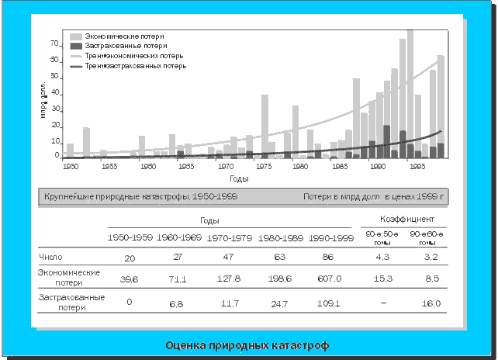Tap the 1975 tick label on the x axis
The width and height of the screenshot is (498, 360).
[x=264, y=166]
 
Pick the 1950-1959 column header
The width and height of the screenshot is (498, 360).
[x=130, y=237]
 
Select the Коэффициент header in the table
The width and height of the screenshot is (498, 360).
[x=403, y=220]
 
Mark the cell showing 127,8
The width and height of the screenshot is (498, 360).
[x=232, y=278]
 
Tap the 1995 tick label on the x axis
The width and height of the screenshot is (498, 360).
[x=417, y=166]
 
